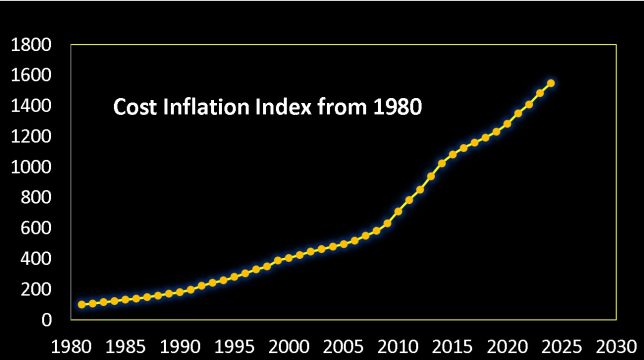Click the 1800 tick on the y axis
click(x=31, y=45)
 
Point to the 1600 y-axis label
click(x=31, y=76)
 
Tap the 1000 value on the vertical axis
click(x=31, y=167)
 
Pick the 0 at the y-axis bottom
click(x=45, y=320)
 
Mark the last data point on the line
click(x=551, y=83)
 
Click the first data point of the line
click(x=81, y=304)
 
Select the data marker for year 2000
click(x=289, y=258)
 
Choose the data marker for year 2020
click(x=507, y=123)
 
